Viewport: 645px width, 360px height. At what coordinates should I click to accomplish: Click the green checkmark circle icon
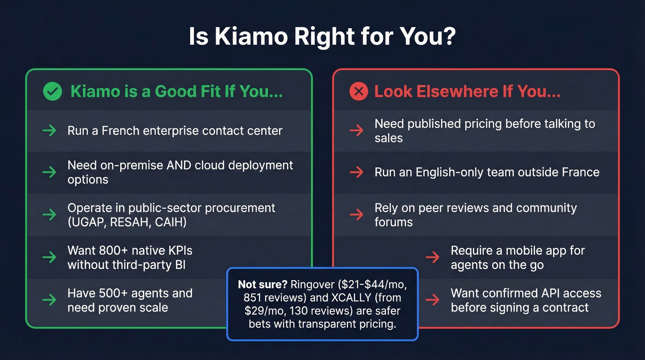pyautogui.click(x=52, y=92)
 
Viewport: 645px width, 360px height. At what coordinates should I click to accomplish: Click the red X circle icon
pyautogui.click(x=359, y=92)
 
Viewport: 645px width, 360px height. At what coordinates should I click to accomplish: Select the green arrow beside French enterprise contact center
pyautogui.click(x=49, y=131)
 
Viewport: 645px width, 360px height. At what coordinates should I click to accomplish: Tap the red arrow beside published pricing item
pyautogui.click(x=356, y=131)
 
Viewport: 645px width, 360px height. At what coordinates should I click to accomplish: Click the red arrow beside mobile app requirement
pyautogui.click(x=432, y=257)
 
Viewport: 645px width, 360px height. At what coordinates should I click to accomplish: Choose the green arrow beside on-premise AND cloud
pyautogui.click(x=49, y=172)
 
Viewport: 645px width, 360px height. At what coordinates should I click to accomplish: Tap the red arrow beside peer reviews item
pyautogui.click(x=356, y=214)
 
